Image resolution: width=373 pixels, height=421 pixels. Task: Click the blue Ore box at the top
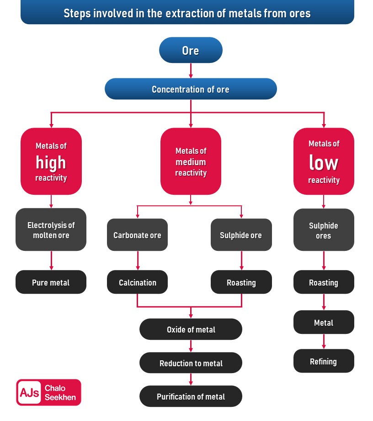click(x=191, y=50)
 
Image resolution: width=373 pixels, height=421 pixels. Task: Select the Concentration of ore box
click(x=191, y=89)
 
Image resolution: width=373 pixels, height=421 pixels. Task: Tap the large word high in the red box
click(x=51, y=162)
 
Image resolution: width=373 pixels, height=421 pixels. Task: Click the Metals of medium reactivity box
click(x=191, y=162)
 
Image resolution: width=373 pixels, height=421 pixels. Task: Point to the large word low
click(x=324, y=163)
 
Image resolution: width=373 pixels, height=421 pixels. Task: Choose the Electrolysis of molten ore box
click(x=51, y=230)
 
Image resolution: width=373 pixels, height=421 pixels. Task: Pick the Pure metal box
click(x=51, y=282)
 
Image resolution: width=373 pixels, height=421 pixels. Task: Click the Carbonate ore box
click(x=137, y=235)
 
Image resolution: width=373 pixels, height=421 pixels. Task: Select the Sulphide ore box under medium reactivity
click(x=241, y=235)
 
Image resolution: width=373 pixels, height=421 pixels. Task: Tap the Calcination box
click(x=137, y=282)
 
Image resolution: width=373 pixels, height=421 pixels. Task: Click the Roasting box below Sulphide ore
click(x=241, y=282)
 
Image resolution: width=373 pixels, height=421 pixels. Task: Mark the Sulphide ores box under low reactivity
click(x=324, y=230)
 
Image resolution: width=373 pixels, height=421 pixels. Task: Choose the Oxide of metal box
click(x=191, y=329)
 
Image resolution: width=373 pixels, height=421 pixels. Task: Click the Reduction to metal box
click(x=191, y=363)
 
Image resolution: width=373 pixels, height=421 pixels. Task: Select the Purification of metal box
click(x=191, y=396)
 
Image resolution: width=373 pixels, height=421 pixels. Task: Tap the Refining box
click(x=324, y=361)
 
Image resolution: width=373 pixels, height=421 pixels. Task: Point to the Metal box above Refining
click(x=324, y=322)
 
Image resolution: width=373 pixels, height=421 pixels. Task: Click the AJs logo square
click(x=30, y=392)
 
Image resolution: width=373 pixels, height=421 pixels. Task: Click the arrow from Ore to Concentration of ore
click(x=191, y=70)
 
